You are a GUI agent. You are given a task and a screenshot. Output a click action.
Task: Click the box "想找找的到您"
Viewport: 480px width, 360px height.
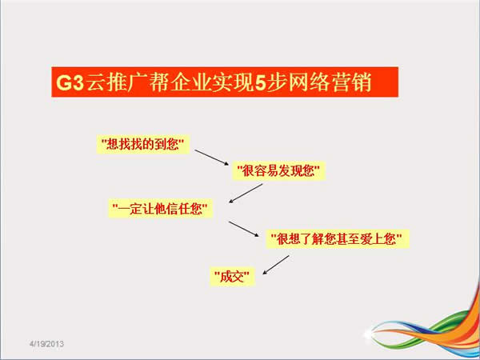143,144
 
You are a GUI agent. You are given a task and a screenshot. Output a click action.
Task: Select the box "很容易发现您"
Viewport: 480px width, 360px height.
278,170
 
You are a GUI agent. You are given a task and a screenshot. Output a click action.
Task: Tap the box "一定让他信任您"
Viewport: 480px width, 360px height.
161,209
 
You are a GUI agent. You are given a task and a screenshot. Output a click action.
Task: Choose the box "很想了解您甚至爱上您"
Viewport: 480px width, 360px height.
338,238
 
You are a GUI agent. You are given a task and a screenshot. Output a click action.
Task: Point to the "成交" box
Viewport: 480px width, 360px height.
232,277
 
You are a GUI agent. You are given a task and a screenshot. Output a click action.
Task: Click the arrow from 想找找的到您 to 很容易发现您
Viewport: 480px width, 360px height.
212,158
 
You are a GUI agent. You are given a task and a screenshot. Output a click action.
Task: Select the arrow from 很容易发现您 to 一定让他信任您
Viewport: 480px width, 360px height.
246,193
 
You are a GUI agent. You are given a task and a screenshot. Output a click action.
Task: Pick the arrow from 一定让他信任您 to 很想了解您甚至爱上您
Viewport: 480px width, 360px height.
244,229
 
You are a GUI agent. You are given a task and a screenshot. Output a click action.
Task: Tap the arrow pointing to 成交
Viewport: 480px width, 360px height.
276,265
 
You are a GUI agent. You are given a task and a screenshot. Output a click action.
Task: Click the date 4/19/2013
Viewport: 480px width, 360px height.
46,343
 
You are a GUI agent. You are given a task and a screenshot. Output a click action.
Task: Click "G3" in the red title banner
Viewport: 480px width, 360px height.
70,82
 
